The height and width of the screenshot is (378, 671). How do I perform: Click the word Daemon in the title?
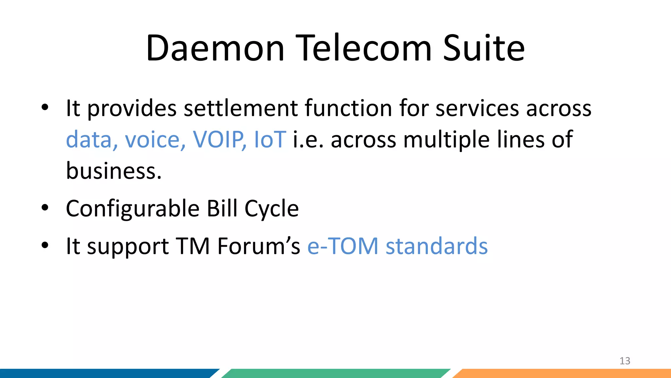(215, 48)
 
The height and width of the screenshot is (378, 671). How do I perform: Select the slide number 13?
(625, 361)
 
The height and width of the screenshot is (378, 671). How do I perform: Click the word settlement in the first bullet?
(240, 108)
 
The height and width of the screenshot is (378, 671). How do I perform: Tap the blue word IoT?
(270, 140)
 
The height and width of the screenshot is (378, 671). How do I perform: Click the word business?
(114, 171)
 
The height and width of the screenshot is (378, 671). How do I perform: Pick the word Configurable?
(133, 209)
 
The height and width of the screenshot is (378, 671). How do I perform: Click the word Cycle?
(272, 209)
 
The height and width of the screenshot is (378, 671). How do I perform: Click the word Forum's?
(258, 246)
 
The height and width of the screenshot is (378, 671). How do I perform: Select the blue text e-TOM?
(343, 246)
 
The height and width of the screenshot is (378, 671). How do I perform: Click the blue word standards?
(436, 246)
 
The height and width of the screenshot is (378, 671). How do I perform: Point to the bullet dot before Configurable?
(45, 207)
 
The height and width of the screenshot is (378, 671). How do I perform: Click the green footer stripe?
(334, 373)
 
